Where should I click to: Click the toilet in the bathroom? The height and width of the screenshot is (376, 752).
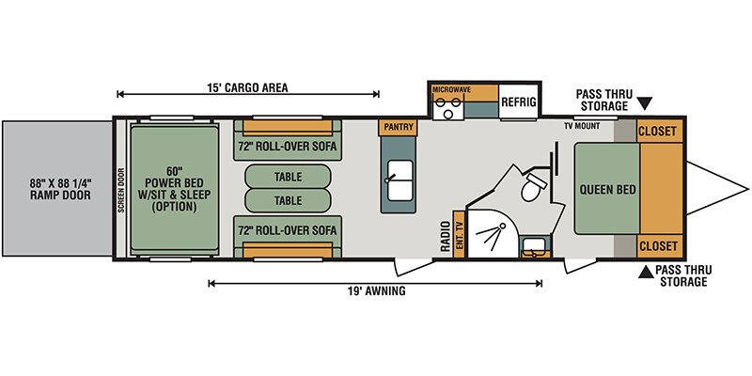[533, 186]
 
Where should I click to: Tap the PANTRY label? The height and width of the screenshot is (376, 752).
[398, 127]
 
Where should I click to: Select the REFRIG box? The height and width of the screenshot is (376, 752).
[519, 102]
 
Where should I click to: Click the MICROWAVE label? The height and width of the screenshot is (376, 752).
[451, 89]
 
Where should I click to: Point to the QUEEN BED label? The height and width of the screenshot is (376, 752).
[607, 190]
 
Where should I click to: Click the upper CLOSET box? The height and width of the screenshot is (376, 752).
[660, 131]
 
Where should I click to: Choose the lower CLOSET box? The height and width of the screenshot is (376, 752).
[660, 246]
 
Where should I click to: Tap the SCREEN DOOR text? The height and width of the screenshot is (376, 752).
[121, 190]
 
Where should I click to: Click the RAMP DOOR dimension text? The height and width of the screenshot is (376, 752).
[59, 189]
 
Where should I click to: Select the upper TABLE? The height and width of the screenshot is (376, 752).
[288, 177]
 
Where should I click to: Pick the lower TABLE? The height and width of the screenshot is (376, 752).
[288, 200]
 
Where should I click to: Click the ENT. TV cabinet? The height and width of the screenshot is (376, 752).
[459, 234]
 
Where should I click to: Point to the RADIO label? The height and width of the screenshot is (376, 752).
[446, 236]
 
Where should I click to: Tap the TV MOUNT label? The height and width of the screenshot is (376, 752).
[582, 126]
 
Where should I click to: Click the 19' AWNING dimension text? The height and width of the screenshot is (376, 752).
[377, 290]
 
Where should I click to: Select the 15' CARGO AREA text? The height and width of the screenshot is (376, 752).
[247, 87]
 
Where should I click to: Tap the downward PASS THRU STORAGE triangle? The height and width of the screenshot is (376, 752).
[646, 103]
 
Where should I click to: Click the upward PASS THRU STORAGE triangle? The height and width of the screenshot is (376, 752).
[646, 272]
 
